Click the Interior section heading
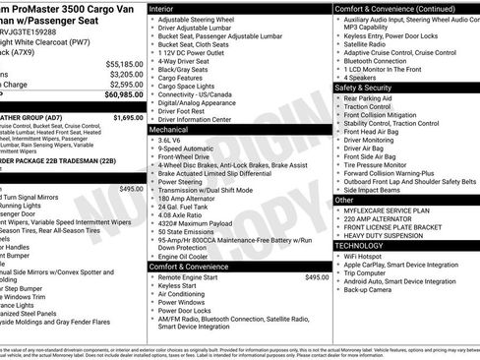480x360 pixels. pos(164,8)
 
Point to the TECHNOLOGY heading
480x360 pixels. pos(360,245)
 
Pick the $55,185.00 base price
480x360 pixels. pos(124,63)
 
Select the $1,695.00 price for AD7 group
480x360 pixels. pos(128,117)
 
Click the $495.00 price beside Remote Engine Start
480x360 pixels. pos(317,277)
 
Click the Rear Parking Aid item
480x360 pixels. pos(371,98)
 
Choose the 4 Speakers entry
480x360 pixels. pos(364,77)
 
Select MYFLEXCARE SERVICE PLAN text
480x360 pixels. pos(390,210)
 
